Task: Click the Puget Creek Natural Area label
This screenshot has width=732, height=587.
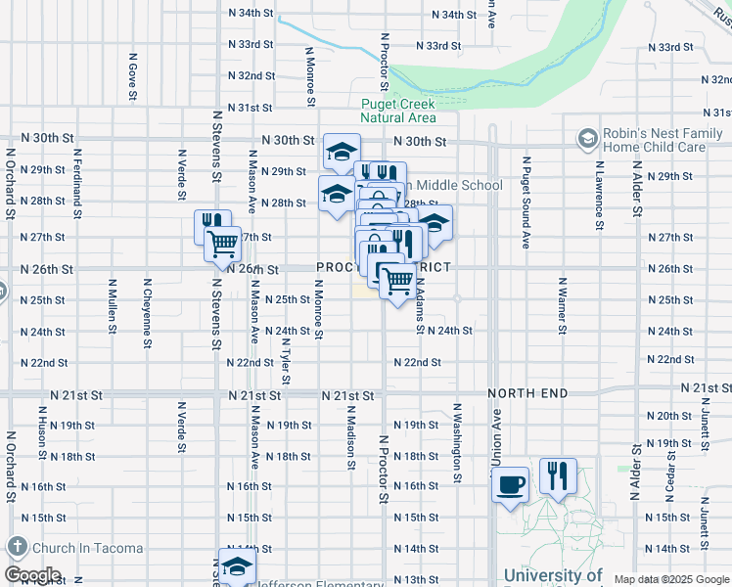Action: click(397, 111)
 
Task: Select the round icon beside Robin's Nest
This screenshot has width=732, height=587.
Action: click(588, 138)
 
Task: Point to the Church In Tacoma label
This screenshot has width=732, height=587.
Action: click(86, 548)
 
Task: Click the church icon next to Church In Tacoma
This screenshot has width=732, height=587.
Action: click(17, 547)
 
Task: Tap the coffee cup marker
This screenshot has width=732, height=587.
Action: click(510, 482)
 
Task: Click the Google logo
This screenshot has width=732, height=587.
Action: click(32, 575)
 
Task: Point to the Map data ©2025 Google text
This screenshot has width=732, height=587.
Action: click(671, 579)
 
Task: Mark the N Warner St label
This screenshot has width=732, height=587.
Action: click(563, 303)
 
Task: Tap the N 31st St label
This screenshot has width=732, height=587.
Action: click(249, 108)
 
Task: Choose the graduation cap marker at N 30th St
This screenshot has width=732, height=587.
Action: click(342, 151)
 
